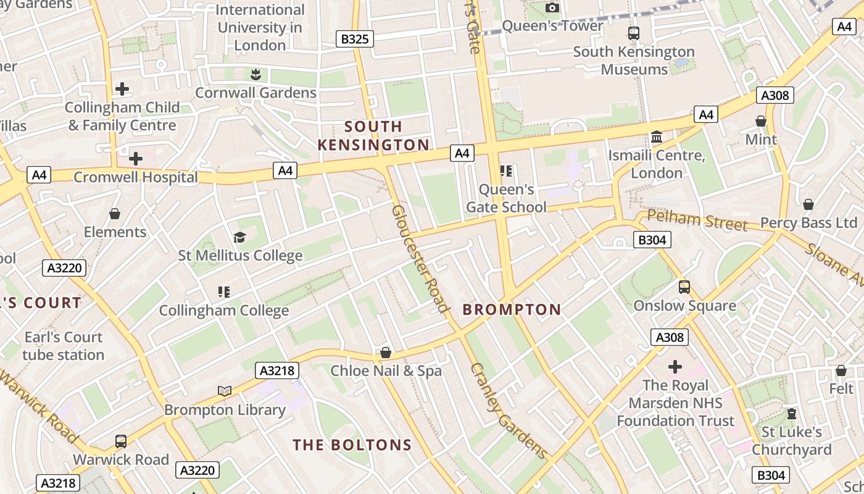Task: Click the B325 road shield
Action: [x=355, y=39]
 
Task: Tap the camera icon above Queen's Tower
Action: [x=552, y=7]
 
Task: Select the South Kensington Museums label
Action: [x=634, y=61]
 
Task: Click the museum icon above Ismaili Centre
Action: [x=657, y=136]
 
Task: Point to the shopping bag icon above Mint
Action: [x=761, y=121]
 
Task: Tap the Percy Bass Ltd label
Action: [x=808, y=222]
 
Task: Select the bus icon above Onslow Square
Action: [x=684, y=287]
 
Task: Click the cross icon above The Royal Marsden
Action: [x=675, y=367]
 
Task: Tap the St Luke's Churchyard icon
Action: [x=792, y=413]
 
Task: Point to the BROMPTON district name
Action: [x=512, y=309]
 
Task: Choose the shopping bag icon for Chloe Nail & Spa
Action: [x=386, y=353]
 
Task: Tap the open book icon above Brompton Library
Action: [x=225, y=391]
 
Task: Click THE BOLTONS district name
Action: [x=352, y=445]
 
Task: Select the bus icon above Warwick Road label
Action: [x=121, y=442]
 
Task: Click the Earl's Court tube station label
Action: [x=63, y=346]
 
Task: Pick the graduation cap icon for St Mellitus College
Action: [x=239, y=237]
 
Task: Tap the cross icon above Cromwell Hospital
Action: [x=136, y=159]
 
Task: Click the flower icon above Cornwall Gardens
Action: [x=255, y=75]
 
